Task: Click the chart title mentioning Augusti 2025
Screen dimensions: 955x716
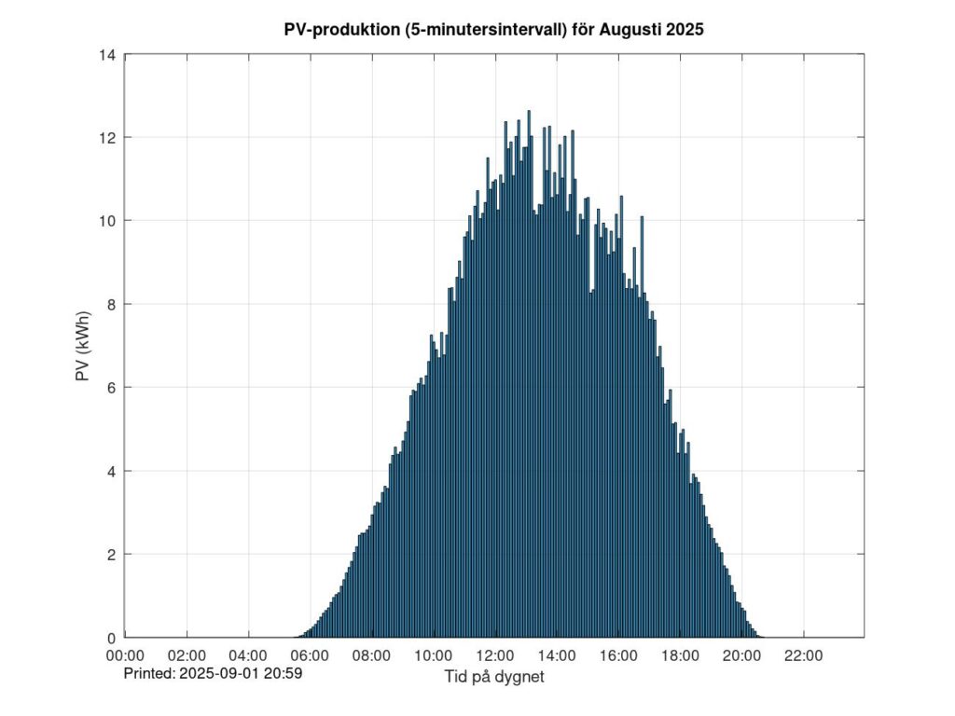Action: (493, 29)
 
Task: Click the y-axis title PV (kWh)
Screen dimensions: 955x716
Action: (83, 347)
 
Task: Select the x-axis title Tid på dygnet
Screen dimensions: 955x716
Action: (494, 677)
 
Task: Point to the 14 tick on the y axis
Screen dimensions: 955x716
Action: (107, 55)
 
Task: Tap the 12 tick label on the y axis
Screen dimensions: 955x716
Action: (107, 138)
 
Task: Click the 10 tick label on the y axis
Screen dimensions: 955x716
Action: (107, 221)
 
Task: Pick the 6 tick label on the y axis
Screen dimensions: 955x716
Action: (112, 388)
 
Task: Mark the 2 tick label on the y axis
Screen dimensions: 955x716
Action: (112, 555)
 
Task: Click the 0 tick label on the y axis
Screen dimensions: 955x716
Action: (112, 638)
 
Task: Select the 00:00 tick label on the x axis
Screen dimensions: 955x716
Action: (125, 655)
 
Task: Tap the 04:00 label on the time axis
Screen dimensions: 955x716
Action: (248, 655)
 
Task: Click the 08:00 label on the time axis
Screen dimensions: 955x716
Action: (371, 655)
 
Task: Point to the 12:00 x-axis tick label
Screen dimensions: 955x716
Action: (495, 655)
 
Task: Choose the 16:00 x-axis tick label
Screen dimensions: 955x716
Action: (618, 655)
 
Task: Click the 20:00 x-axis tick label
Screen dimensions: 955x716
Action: (741, 655)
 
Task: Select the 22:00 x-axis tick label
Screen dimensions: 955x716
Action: (803, 655)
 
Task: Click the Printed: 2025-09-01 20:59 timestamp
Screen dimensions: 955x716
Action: (213, 673)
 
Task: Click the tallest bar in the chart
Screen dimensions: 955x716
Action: (529, 374)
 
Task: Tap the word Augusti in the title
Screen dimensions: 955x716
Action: (630, 30)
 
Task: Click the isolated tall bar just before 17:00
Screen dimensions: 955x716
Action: (642, 427)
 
